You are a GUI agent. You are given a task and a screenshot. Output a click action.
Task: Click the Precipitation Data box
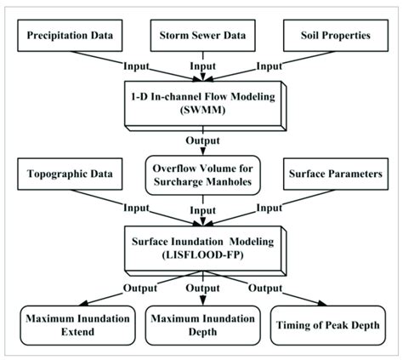(73, 37)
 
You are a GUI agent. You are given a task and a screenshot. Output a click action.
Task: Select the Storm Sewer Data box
(201, 37)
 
